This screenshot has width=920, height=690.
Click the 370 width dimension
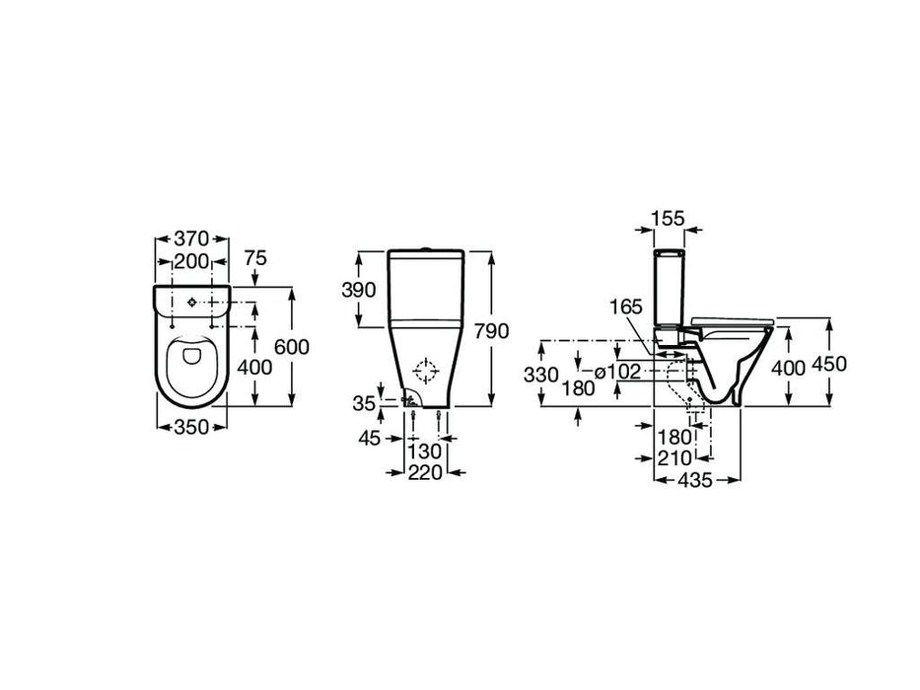(192, 239)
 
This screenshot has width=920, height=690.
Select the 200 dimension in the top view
(192, 261)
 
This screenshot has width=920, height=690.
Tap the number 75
(254, 258)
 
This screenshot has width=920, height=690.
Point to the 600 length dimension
(292, 347)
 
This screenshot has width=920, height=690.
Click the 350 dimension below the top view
(192, 427)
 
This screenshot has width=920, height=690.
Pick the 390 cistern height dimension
(359, 289)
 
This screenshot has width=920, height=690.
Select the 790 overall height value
(492, 331)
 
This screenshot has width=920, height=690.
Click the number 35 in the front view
(364, 404)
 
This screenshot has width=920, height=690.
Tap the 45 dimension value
(370, 438)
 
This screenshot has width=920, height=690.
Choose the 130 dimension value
(425, 451)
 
